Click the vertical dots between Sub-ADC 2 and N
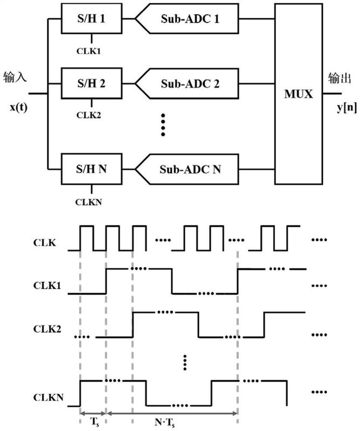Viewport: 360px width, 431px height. (163, 126)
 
